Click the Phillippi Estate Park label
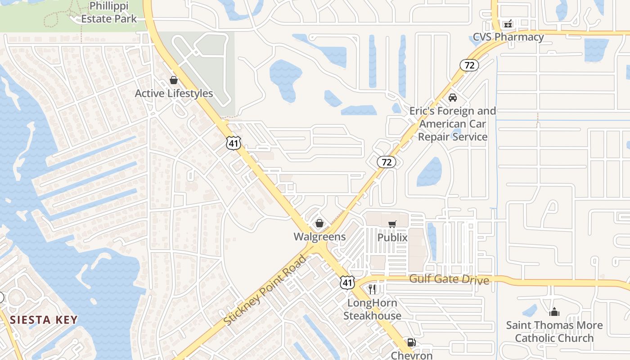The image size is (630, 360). pyautogui.click(x=109, y=13)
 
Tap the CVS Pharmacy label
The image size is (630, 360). pyautogui.click(x=508, y=37)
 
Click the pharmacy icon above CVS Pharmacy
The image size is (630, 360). pyautogui.click(x=508, y=23)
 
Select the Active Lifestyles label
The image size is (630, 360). pyautogui.click(x=174, y=94)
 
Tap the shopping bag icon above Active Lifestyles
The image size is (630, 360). pyautogui.click(x=174, y=80)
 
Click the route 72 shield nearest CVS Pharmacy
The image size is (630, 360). pyautogui.click(x=469, y=65)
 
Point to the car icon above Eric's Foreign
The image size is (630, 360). pyautogui.click(x=453, y=98)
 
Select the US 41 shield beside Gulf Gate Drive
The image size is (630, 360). pyautogui.click(x=346, y=283)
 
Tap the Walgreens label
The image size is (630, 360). pyautogui.click(x=319, y=237)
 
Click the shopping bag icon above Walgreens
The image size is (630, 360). pyautogui.click(x=319, y=223)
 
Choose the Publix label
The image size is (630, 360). pyautogui.click(x=392, y=238)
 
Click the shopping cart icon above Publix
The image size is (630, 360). pyautogui.click(x=392, y=224)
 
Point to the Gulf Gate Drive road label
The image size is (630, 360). pyautogui.click(x=449, y=279)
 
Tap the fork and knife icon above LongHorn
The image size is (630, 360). pyautogui.click(x=372, y=289)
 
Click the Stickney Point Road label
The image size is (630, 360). pyautogui.click(x=265, y=290)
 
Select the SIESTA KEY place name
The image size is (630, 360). pyautogui.click(x=44, y=320)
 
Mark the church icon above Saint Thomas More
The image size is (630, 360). pyautogui.click(x=554, y=311)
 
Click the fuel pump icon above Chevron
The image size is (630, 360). pyautogui.click(x=411, y=343)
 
